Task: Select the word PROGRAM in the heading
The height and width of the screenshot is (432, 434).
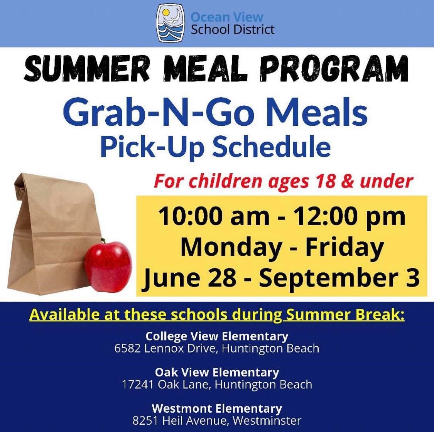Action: (334, 68)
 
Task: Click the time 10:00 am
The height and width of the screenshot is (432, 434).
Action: (214, 216)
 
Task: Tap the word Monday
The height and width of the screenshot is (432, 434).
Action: (231, 248)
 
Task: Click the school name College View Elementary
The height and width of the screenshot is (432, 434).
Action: (217, 336)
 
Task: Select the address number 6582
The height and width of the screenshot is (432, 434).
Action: (128, 348)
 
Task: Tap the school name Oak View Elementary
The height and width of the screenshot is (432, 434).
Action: (217, 372)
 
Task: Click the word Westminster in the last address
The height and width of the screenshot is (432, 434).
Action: (267, 421)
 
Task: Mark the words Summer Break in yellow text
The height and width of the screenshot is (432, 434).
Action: (345, 315)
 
